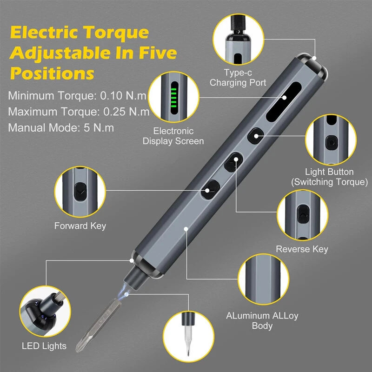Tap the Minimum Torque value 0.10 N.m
[124, 96]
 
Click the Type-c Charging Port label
[238, 78]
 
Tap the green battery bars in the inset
[174, 97]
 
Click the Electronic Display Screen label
[173, 136]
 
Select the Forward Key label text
[80, 226]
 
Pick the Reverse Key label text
[302, 249]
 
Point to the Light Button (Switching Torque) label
[329, 177]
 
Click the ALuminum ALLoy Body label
[262, 320]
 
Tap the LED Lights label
[44, 346]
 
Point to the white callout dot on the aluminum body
[186, 228]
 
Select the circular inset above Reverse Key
[301, 214]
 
